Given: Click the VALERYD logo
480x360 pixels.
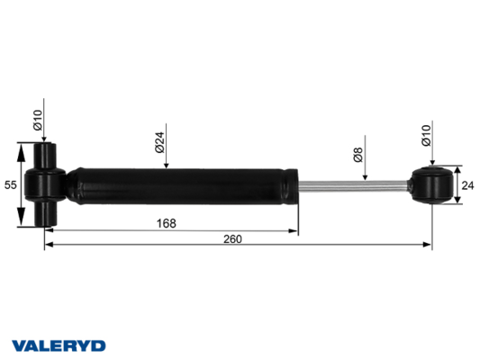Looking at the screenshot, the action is point(59,346).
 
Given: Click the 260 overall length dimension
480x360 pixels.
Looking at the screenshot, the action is point(232,238).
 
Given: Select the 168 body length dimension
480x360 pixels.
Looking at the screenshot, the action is point(167,223).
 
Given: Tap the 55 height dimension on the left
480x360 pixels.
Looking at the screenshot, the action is point(10,184).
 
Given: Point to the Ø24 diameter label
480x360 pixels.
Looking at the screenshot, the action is point(160,142).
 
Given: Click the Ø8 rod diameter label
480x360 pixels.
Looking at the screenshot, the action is point(358,155).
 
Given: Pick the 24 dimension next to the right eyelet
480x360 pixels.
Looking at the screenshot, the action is point(467,185).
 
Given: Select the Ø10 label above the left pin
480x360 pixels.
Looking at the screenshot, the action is point(38,120).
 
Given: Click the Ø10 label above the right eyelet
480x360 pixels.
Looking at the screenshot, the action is point(426,135).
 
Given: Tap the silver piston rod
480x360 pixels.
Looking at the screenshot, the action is point(353,185).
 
